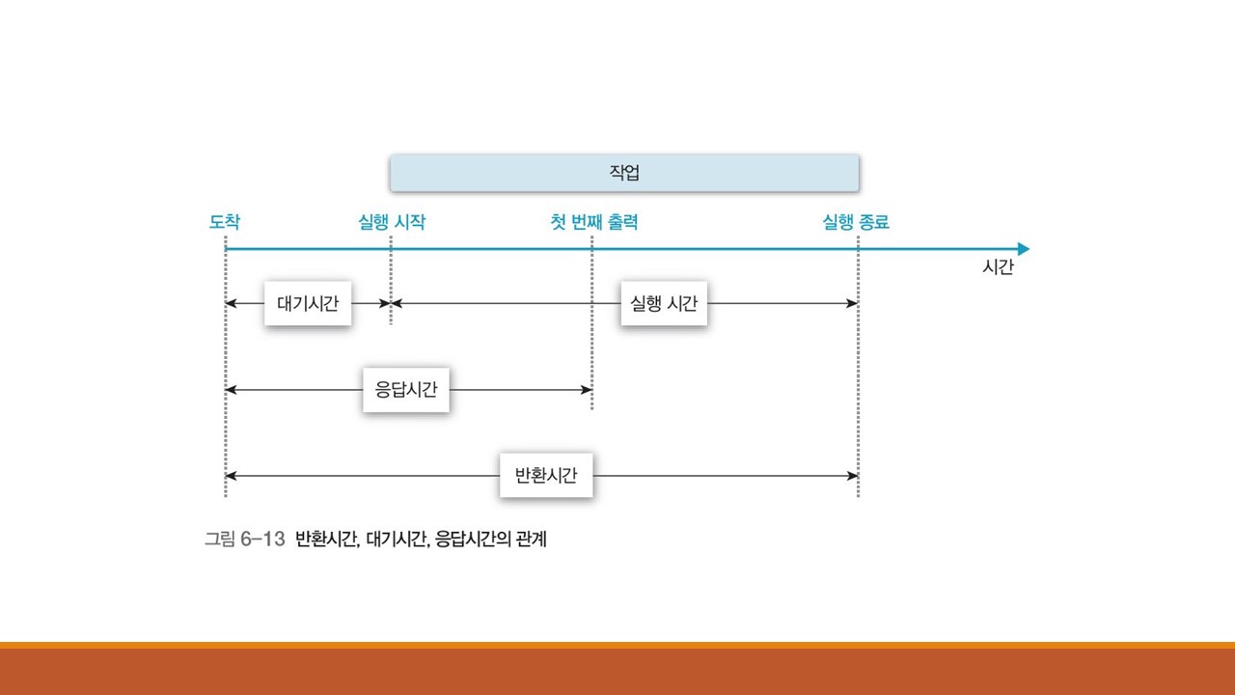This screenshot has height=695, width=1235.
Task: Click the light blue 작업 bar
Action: tap(624, 174)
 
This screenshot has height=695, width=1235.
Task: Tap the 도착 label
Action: tap(225, 223)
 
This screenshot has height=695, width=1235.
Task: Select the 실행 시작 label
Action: tap(392, 223)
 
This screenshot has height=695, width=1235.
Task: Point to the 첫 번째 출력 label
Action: tap(593, 223)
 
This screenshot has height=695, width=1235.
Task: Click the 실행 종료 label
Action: tap(856, 223)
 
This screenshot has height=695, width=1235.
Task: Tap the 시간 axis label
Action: tap(998, 268)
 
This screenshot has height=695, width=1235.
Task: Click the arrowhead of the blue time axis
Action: tap(1023, 249)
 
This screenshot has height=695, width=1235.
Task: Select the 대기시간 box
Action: tap(308, 303)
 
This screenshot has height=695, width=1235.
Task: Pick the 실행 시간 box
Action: tap(664, 303)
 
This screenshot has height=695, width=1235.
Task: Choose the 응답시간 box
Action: tap(406, 390)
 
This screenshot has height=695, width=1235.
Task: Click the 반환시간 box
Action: tap(546, 476)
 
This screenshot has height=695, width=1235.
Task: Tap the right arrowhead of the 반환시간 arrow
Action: tap(852, 476)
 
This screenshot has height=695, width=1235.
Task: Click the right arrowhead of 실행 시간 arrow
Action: tap(852, 303)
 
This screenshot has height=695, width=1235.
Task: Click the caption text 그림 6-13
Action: tap(244, 540)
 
